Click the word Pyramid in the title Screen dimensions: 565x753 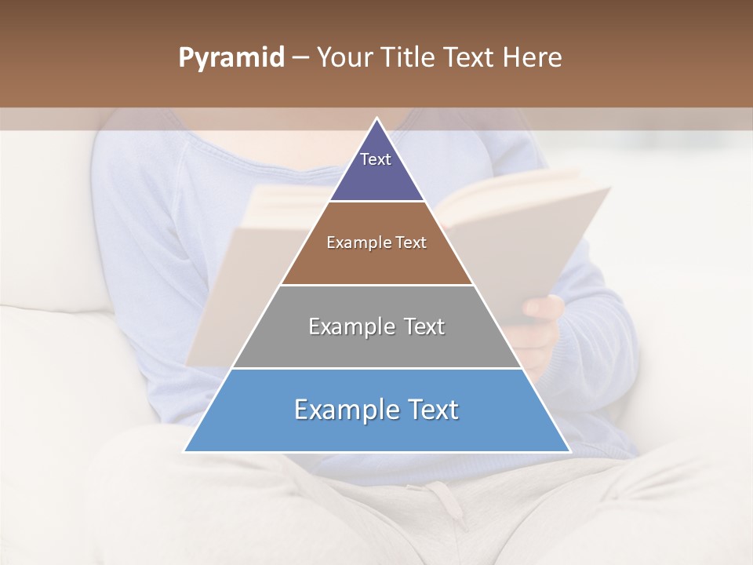(231, 58)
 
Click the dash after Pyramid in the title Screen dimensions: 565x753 (300, 58)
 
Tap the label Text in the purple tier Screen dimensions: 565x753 (376, 159)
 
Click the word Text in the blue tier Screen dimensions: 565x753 (430, 410)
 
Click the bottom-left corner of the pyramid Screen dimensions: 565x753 (185, 451)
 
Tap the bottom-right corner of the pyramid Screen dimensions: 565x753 (569, 451)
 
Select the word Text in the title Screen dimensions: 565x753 (471, 58)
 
